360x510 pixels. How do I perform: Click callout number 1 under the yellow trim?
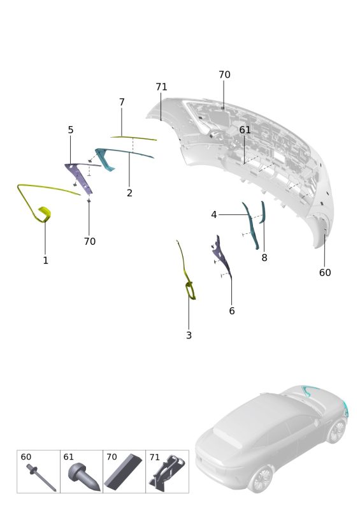pos(45,260)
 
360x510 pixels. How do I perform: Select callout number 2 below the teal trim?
pos(129,193)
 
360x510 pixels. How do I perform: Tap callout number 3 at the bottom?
pos(189,335)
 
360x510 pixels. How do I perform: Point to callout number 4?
pos(213,215)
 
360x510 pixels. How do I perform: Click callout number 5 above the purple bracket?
pos(71,130)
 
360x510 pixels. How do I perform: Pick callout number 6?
pos(231,310)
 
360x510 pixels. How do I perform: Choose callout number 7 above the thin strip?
pos(122,102)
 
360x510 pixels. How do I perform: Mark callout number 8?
pos(264,258)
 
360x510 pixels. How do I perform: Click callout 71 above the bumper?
pos(161,87)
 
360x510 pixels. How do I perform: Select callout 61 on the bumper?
pos(245,130)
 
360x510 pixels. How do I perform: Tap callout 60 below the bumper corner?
pos(325,272)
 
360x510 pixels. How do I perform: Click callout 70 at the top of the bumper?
pos(224,75)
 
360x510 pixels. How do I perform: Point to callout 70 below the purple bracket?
pos(89,242)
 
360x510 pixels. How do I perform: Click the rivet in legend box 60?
pos(41,477)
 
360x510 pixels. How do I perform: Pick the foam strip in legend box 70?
pos(123,472)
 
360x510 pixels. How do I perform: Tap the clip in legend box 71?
pos(167,473)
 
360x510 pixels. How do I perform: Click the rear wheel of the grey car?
pos(261,479)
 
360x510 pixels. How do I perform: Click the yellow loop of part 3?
pos(191,291)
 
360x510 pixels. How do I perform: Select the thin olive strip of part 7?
pos(133,138)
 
